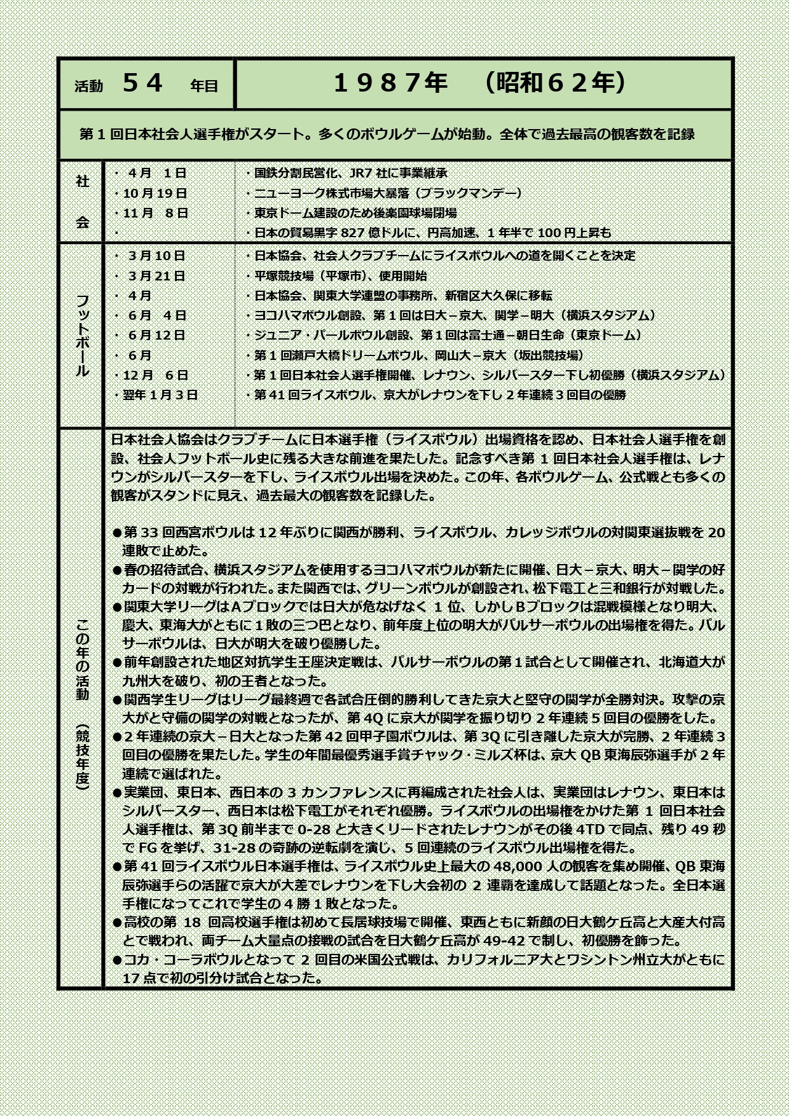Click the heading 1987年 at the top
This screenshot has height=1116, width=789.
pyautogui.click(x=390, y=83)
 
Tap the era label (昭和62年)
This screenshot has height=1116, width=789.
pyautogui.click(x=554, y=83)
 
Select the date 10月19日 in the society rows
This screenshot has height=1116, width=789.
pyautogui.click(x=155, y=193)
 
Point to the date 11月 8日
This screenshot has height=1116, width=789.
pyautogui.click(x=155, y=214)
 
